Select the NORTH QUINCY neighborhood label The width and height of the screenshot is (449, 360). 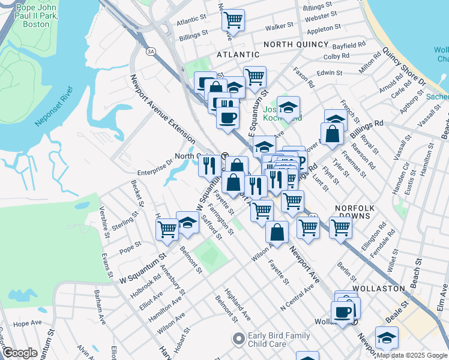pyautogui.click(x=296, y=44)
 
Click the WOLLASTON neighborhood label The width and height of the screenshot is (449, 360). pyautogui.click(x=379, y=289)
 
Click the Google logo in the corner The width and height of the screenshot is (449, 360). pyautogui.click(x=20, y=353)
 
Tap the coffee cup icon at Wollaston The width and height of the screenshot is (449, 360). pyautogui.click(x=342, y=312)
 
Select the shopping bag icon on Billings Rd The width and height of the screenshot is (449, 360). pyautogui.click(x=332, y=134)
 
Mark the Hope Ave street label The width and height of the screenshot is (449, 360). pyautogui.click(x=27, y=323)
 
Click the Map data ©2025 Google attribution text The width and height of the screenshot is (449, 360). pyautogui.click(x=411, y=355)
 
